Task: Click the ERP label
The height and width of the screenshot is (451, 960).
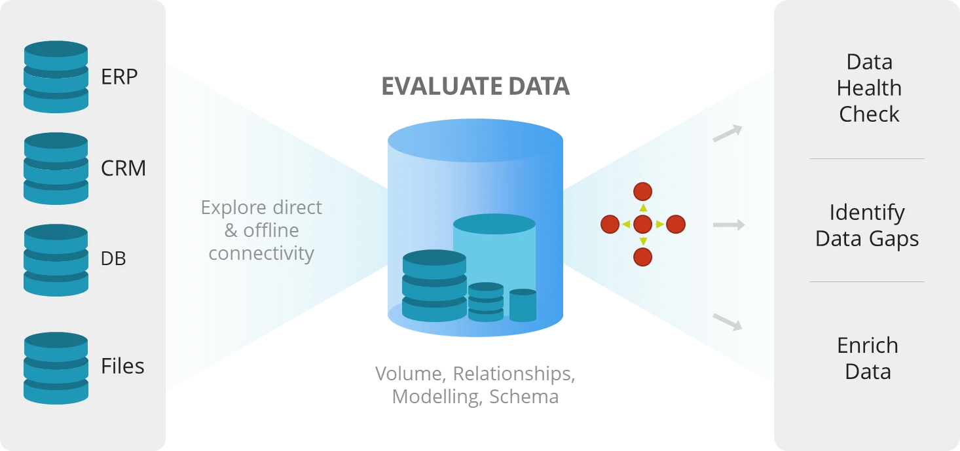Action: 119,77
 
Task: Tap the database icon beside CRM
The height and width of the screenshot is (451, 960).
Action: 56,168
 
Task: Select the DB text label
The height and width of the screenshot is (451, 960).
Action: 113,259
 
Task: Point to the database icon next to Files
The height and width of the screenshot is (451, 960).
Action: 56,367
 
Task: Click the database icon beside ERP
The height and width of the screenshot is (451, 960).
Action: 56,77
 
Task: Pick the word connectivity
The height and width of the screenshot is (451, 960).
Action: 261,253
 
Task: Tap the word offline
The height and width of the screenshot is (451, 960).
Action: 271,230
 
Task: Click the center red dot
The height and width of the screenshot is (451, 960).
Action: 643,225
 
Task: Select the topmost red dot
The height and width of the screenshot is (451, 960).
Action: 643,192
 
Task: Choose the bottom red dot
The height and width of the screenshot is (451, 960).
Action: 643,257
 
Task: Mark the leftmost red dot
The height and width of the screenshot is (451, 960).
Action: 610,225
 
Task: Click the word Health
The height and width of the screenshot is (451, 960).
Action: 869,88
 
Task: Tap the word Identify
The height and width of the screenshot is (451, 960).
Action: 867,213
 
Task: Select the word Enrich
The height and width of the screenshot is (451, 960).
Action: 868,346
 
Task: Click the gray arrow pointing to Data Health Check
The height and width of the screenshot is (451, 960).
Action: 728,134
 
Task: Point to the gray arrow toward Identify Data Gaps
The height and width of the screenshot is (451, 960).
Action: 729,225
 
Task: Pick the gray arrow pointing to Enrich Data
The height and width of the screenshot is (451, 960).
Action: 728,321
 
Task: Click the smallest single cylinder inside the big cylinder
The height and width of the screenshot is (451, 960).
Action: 523,305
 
